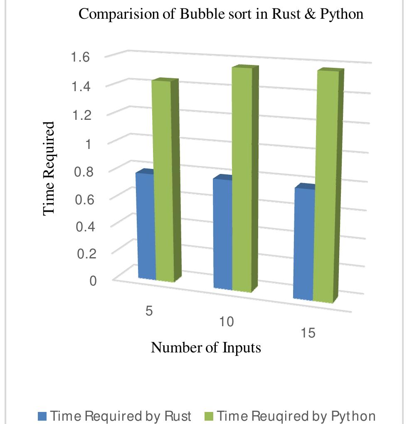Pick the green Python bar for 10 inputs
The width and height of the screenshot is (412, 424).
pos(242,179)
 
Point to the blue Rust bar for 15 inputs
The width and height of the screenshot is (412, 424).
pos(304,244)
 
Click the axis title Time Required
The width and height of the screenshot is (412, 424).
pos(49,168)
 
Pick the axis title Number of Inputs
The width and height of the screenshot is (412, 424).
pos(206,347)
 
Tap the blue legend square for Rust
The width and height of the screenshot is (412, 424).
pos(42,416)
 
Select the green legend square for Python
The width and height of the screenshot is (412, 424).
pos(209,416)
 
